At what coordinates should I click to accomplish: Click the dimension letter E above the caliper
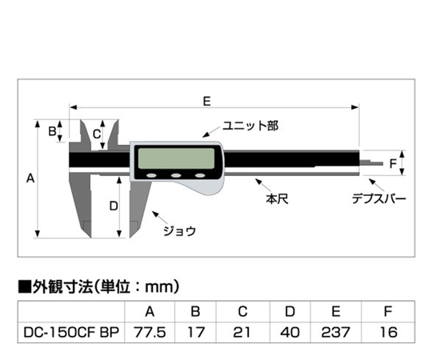tap(207, 101)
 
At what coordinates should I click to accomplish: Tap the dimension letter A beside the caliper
tap(30, 178)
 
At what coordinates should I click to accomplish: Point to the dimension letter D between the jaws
tap(114, 206)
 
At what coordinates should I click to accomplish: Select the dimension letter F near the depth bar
tap(393, 164)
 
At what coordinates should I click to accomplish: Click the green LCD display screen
tap(176, 158)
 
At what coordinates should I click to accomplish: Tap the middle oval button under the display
tap(176, 175)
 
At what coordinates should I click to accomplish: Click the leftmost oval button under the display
tap(151, 175)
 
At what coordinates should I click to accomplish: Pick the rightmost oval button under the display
tap(200, 175)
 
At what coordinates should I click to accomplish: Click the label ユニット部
tap(250, 126)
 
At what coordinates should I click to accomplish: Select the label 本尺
tap(277, 198)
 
